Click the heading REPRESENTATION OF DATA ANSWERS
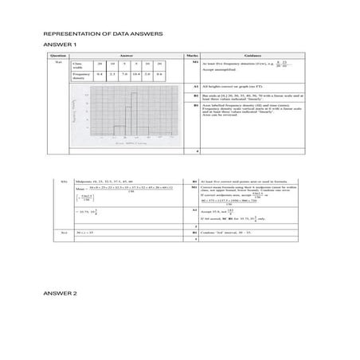click(x=104, y=36)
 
